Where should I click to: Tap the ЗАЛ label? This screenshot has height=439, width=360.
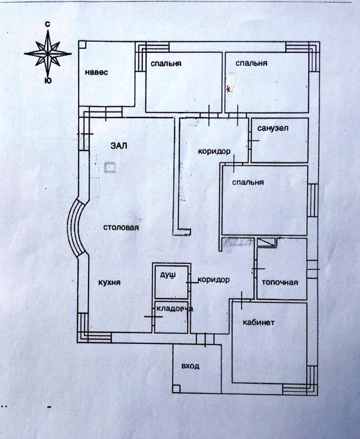119,145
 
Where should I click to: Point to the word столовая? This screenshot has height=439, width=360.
121,227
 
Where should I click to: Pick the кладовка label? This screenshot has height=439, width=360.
174,309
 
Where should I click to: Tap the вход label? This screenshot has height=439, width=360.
190,366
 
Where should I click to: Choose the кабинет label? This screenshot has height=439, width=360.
258,322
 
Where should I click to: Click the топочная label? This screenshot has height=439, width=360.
280,282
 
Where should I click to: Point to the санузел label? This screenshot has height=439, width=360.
273,128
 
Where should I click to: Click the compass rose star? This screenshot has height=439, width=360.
47,53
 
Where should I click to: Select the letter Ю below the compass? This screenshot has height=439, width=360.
47,81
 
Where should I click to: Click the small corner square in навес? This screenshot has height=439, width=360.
82,45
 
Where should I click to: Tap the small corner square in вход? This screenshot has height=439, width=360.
176,389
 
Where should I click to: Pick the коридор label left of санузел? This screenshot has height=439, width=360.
214,151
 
